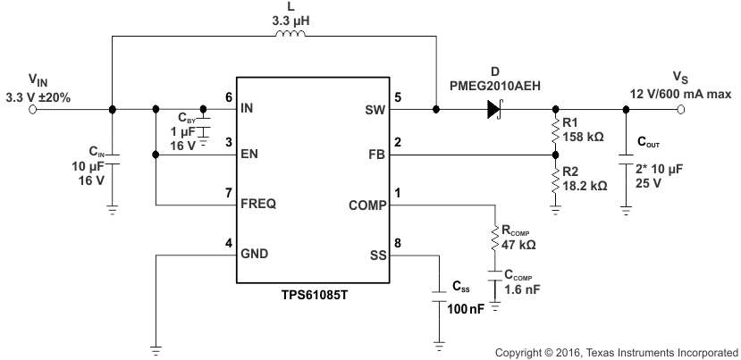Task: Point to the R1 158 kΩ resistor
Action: (x=554, y=130)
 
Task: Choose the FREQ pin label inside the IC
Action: (x=258, y=204)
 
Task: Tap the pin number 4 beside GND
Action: (x=229, y=244)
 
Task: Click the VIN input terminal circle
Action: (x=33, y=110)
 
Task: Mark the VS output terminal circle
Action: (x=681, y=110)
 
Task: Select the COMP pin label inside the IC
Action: (x=366, y=204)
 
